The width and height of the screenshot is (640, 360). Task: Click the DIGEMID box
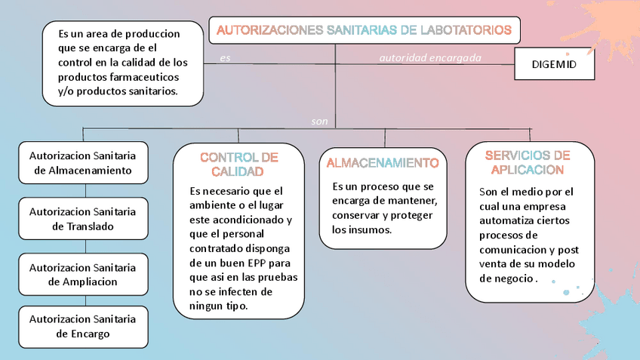point(554,65)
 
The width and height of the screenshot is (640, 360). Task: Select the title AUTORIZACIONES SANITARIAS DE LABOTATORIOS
point(364,30)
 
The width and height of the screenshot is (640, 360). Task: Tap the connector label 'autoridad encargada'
point(429,57)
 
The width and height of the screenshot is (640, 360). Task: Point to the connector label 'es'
point(225,58)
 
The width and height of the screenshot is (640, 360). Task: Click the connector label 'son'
point(319,121)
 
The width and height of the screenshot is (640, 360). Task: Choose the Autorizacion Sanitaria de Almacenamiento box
point(83,163)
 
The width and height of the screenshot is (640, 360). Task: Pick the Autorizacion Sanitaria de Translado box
point(83,219)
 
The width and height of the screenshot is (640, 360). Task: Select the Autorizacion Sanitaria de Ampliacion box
point(83,274)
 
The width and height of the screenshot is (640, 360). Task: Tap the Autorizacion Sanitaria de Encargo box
point(83,326)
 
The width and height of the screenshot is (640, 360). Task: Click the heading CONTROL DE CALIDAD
point(238,164)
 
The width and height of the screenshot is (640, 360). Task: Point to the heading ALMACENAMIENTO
point(383,162)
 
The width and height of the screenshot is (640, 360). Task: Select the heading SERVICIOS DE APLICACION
point(528,162)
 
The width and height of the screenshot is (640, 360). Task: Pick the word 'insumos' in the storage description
point(369,229)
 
